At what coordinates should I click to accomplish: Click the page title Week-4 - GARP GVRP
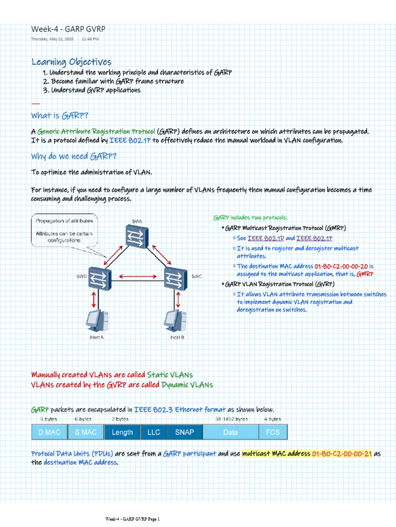tap(68, 29)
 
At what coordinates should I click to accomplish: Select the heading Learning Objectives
tap(71, 62)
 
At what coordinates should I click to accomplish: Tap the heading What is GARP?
tap(63, 115)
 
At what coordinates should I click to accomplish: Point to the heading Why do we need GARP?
tap(73, 156)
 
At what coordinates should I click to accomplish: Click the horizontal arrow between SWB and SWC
tap(138, 277)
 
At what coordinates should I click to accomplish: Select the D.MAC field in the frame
tap(49, 432)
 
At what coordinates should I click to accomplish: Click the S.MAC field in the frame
tap(86, 432)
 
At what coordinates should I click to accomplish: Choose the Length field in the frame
tap(122, 432)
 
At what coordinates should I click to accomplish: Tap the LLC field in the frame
tap(154, 432)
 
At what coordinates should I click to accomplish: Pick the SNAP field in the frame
tap(185, 432)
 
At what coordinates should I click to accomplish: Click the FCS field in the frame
tap(273, 432)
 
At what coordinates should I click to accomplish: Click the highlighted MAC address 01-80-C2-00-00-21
tap(341, 454)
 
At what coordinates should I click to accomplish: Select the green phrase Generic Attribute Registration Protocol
tap(96, 132)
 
